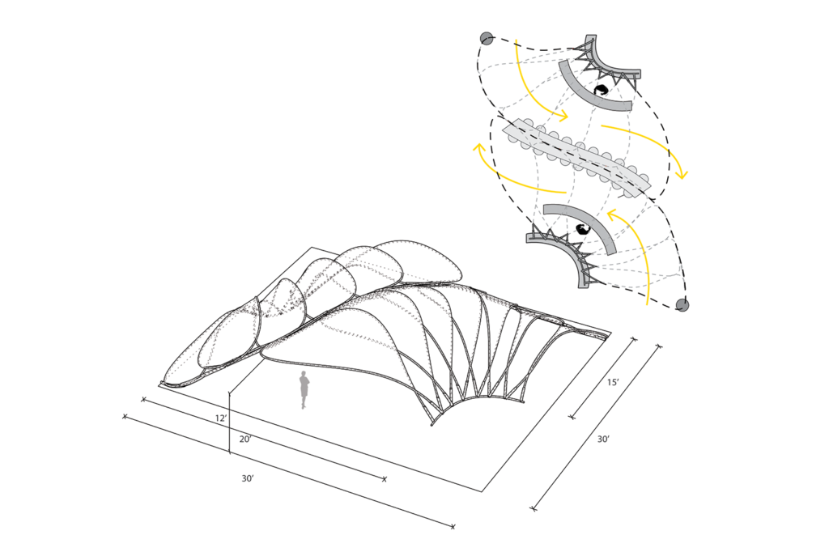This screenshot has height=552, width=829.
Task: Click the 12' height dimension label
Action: coord(221,418)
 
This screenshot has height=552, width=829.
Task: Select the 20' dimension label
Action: coord(245,439)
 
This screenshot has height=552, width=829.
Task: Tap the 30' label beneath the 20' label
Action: coord(248,478)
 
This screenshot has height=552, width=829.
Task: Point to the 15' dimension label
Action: coord(613,382)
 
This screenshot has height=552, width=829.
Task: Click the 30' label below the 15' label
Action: coord(603,439)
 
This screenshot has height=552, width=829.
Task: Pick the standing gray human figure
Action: coord(304,389)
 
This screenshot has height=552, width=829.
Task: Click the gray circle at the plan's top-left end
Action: coord(487,38)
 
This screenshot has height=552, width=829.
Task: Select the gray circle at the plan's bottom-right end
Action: coord(682,304)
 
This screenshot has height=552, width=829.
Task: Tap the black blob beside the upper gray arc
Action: coord(601,90)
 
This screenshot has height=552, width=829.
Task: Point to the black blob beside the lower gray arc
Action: coord(582,229)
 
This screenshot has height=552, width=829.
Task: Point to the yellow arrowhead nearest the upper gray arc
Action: coord(563,115)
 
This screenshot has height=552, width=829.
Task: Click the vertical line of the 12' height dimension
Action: coord(229,422)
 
